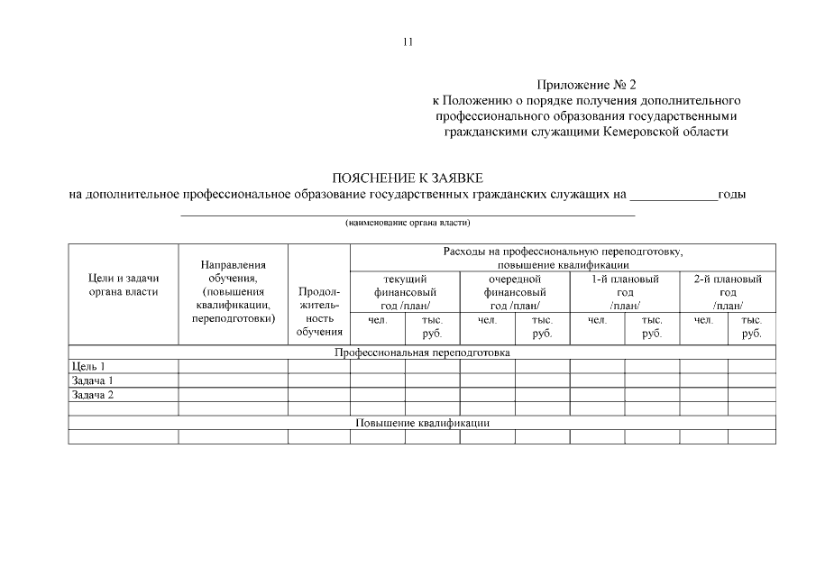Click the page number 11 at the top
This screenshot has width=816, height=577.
click(x=408, y=41)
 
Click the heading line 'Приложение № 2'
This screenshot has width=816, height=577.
click(x=586, y=85)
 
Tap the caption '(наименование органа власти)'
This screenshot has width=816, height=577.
click(x=408, y=222)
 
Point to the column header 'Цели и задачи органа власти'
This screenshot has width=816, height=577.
click(x=124, y=285)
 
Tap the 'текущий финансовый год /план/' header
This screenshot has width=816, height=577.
click(x=405, y=292)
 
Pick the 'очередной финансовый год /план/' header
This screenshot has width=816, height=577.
click(x=514, y=292)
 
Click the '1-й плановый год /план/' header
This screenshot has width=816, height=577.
click(x=625, y=292)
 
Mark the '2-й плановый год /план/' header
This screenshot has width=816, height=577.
click(x=728, y=292)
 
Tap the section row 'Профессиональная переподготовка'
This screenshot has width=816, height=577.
click(x=422, y=353)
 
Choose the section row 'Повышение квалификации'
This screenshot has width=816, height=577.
click(x=422, y=422)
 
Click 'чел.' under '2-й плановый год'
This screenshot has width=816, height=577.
click(x=703, y=319)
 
